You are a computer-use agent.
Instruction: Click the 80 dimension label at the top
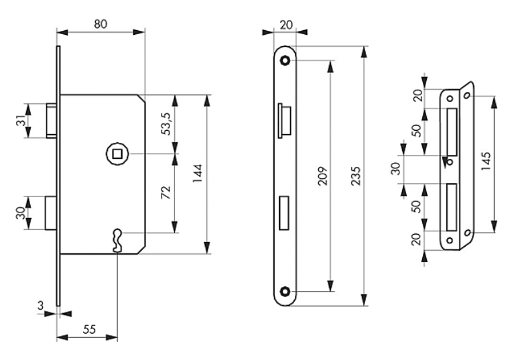[x=101, y=24]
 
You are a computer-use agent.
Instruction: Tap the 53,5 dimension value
[x=166, y=124]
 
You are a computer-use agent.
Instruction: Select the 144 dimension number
[x=198, y=174]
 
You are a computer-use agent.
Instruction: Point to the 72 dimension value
[x=166, y=192]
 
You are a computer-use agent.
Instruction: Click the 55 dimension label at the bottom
[x=89, y=329]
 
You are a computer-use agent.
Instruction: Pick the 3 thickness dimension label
[x=40, y=306]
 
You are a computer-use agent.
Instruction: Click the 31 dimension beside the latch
[x=21, y=121]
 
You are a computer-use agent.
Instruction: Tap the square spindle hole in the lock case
[x=117, y=154]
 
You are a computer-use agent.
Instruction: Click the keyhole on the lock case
[x=117, y=240]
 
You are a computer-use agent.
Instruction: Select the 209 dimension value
[x=323, y=176]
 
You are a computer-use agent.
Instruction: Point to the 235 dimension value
[x=356, y=176]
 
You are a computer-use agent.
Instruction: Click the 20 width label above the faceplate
[x=286, y=25]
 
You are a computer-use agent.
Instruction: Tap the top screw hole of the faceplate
[x=285, y=61]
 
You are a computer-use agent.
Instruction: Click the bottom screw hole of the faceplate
[x=285, y=292]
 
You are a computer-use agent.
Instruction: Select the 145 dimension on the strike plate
[x=486, y=162]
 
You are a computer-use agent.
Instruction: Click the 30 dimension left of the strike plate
[x=395, y=168]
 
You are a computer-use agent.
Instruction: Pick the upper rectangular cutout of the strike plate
[x=452, y=131]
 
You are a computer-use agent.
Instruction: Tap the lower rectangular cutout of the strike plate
[x=452, y=207]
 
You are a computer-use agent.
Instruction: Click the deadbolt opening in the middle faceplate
[x=284, y=213]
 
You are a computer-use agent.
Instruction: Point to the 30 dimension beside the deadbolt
[x=21, y=213]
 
